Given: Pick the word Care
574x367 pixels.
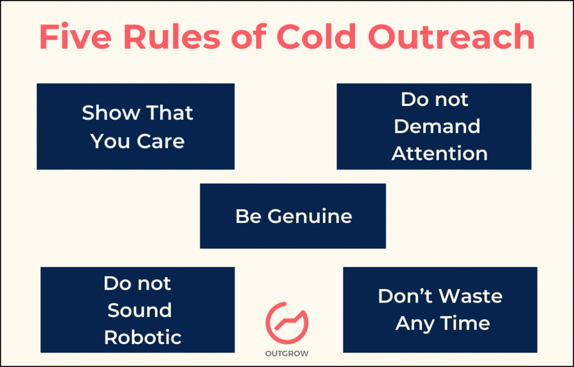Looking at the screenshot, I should click(x=160, y=141).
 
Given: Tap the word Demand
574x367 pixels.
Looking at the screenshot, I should click(x=437, y=127).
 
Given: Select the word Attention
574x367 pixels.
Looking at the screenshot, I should click(x=439, y=154).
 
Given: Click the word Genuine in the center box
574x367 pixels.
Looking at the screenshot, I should click(x=309, y=216).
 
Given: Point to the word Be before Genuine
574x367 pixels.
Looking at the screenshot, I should click(x=248, y=216).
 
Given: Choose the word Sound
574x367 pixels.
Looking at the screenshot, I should click(x=140, y=310).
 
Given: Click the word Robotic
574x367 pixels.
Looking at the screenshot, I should click(x=143, y=337).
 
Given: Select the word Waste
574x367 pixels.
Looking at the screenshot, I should click(x=472, y=296).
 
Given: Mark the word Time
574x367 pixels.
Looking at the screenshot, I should click(x=465, y=323).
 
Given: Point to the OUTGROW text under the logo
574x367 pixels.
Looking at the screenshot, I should click(x=287, y=354).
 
